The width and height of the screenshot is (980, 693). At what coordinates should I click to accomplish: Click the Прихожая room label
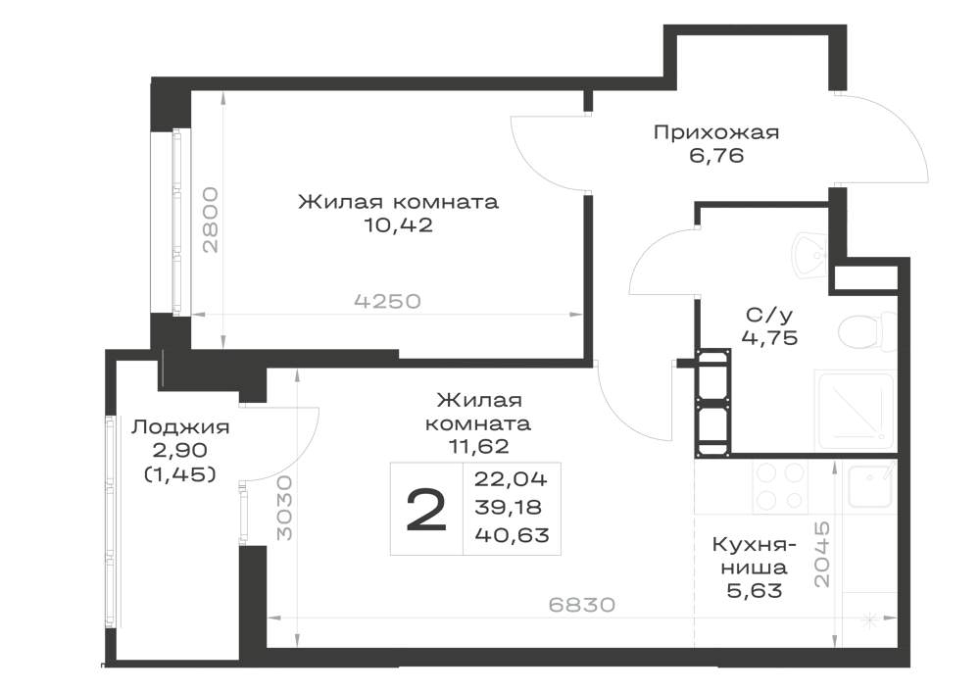716,132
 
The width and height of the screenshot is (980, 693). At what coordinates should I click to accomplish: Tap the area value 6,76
717,155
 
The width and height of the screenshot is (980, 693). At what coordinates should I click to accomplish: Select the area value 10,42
398,225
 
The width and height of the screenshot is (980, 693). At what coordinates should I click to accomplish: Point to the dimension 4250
387,302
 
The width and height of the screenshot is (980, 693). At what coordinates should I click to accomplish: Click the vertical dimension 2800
211,220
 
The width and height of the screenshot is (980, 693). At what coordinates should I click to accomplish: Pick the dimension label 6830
582,605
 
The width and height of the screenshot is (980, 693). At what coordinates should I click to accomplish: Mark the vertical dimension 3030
284,508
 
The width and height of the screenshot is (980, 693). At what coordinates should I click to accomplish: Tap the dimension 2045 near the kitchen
823,554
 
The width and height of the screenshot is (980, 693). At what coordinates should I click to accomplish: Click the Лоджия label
180,427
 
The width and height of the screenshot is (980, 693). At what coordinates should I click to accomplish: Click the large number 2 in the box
426,510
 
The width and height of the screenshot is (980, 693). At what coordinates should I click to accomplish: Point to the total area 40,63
512,535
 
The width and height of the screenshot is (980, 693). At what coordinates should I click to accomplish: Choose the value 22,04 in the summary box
511,479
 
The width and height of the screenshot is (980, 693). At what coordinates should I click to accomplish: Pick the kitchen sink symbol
869,485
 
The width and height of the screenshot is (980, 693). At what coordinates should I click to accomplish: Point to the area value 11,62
478,446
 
